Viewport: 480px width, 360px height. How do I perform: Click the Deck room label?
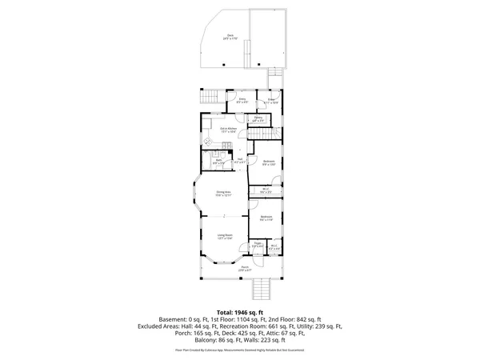(230, 36)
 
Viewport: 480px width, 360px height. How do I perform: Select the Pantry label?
(258, 118)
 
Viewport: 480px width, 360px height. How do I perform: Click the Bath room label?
(218, 161)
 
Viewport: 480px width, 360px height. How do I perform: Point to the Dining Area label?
(223, 193)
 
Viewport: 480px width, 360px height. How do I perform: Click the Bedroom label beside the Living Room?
(266, 218)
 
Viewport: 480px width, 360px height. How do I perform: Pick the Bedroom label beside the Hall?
(270, 162)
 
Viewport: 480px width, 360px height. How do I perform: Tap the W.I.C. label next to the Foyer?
(274, 247)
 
